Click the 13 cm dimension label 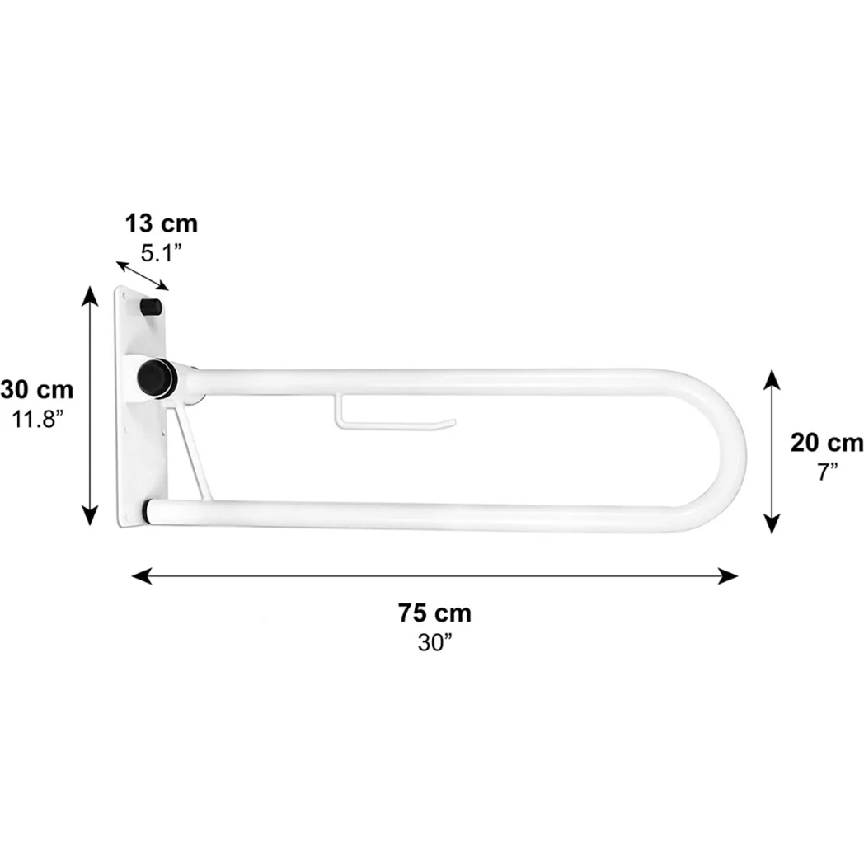pyautogui.click(x=161, y=224)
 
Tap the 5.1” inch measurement pyautogui.click(x=161, y=253)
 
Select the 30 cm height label pyautogui.click(x=37, y=390)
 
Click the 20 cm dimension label pyautogui.click(x=827, y=443)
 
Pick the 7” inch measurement pyautogui.click(x=828, y=472)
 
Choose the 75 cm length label pyautogui.click(x=435, y=613)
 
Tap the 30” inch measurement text pyautogui.click(x=435, y=642)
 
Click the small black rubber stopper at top pyautogui.click(x=152, y=306)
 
